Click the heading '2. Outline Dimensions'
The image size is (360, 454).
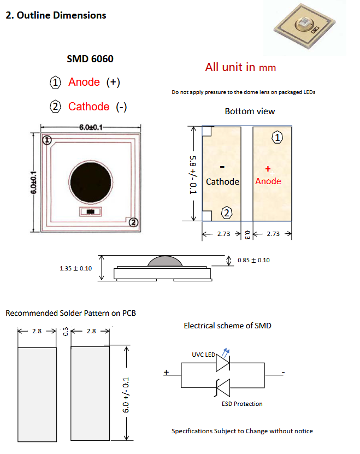pyautogui.click(x=56, y=15)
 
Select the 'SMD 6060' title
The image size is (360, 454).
pyautogui.click(x=90, y=58)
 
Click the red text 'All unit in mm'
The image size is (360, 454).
pyautogui.click(x=240, y=67)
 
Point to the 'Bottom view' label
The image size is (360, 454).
pyautogui.click(x=250, y=111)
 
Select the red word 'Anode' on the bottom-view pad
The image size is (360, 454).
pyautogui.click(x=268, y=181)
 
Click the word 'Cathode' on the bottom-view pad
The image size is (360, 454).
pyautogui.click(x=222, y=181)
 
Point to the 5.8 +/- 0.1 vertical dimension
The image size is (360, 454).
pyautogui.click(x=192, y=174)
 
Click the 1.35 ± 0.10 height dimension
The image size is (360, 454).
pyautogui.click(x=76, y=268)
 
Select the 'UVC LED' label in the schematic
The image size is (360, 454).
pyautogui.click(x=203, y=355)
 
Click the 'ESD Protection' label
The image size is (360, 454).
pyautogui.click(x=241, y=404)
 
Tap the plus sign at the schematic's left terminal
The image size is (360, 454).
pyautogui.click(x=166, y=373)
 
